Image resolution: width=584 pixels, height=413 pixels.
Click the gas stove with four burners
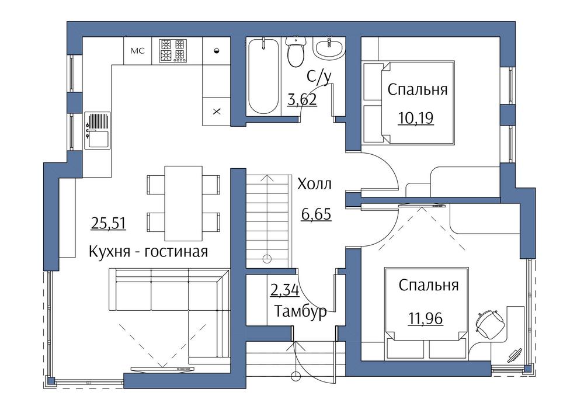pos(172,50)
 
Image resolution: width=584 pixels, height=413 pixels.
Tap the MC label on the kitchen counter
pos(137,51)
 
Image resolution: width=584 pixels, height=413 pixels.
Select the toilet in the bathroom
pos(296,51)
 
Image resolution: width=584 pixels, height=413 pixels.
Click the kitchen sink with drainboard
pos(97,130)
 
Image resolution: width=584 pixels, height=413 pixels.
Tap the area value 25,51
pos(109,224)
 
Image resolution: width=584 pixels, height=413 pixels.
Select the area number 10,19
pos(416,118)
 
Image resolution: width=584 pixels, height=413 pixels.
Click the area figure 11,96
pos(426,319)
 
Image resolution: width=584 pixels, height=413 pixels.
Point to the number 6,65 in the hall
pos(316,214)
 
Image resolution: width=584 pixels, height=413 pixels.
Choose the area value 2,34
pos(284,290)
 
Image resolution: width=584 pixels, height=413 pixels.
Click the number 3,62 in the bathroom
pos(302,99)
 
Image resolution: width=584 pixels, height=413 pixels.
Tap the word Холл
pos(314,184)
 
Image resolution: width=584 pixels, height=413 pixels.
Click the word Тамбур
pos(300,311)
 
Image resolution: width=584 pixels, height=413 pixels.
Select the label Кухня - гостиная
pos(148,252)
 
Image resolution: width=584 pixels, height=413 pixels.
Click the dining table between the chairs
pos(183,203)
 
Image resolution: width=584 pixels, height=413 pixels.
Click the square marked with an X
pos(217,112)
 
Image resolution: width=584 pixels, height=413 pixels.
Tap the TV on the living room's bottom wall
pos(163,369)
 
